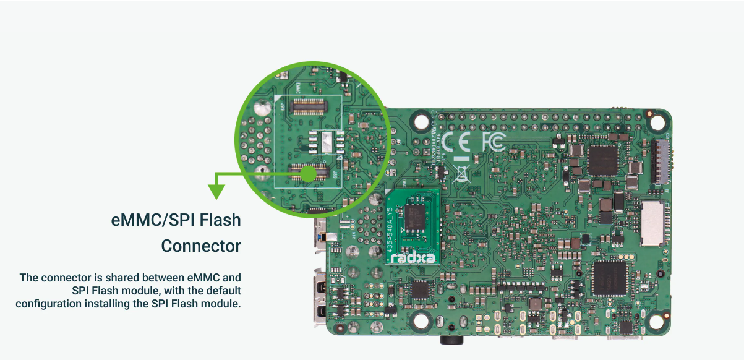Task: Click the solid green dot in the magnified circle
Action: point(307,174)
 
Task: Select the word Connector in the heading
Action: point(201,246)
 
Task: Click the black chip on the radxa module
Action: point(414,218)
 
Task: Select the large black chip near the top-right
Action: point(602,160)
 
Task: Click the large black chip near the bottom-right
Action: point(610,279)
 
